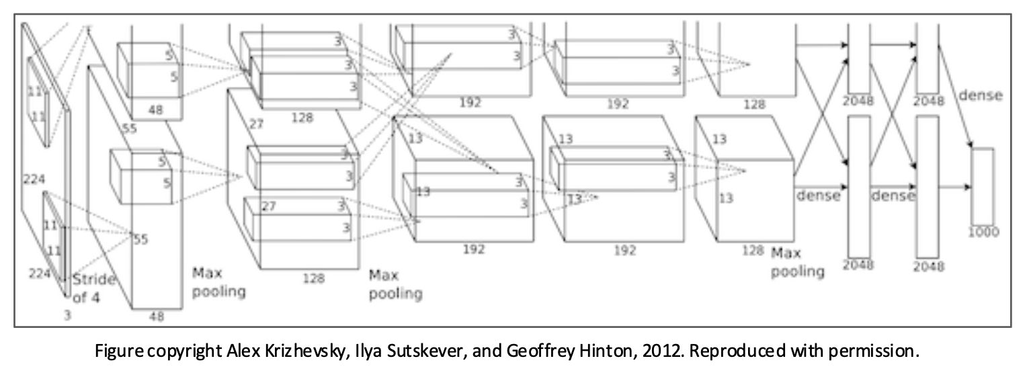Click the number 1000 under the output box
click(983, 232)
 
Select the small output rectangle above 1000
click(983, 186)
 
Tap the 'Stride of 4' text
click(93, 288)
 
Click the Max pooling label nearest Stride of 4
click(218, 282)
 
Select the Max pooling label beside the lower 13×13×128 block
click(797, 262)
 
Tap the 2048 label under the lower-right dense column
click(928, 266)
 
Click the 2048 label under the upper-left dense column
click(858, 101)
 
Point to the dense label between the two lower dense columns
click(893, 196)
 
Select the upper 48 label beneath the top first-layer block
click(155, 109)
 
